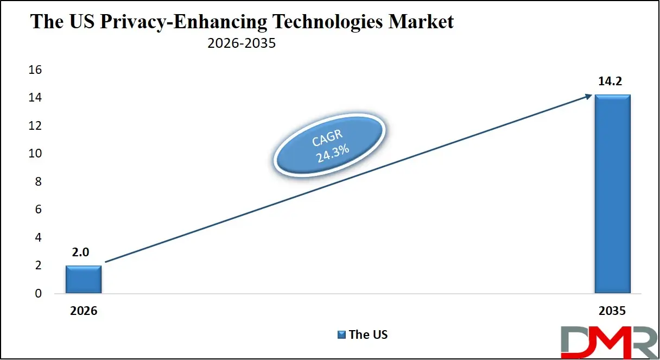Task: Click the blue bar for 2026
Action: click(x=84, y=280)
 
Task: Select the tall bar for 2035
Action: click(x=612, y=194)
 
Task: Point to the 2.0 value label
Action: click(x=84, y=253)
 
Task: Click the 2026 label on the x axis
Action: click(x=84, y=312)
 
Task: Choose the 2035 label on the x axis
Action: click(x=612, y=312)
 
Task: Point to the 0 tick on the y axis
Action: click(x=38, y=294)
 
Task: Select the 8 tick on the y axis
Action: click(x=38, y=182)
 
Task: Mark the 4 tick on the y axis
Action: click(x=38, y=238)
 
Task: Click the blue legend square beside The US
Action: click(x=341, y=334)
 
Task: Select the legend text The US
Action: click(x=369, y=334)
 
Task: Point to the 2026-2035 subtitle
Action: click(x=242, y=43)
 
